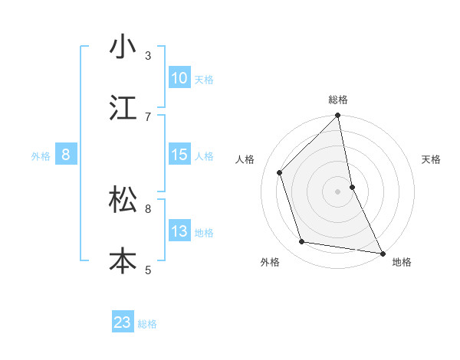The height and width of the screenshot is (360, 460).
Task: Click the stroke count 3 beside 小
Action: pos(148,55)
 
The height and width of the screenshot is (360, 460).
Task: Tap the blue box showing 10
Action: pos(179,78)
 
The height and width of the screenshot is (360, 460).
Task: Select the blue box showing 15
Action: pos(179,155)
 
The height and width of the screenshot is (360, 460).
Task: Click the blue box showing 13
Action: pos(179,231)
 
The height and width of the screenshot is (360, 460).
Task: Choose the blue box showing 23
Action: pos(123,322)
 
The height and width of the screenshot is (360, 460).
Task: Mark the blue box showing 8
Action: pos(66,155)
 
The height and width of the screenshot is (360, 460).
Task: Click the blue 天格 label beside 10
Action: pos(204,79)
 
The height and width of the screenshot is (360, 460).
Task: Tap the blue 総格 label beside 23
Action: pos(147,323)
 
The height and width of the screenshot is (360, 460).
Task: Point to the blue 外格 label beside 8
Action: pos(41,155)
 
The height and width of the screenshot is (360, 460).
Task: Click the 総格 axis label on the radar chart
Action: pos(338,100)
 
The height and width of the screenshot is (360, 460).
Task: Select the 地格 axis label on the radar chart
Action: pos(402,262)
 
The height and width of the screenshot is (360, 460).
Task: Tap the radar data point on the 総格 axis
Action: pos(338,116)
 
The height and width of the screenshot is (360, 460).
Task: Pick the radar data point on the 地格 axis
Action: pos(382,253)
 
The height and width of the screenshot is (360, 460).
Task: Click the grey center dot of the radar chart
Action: pos(338,191)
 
